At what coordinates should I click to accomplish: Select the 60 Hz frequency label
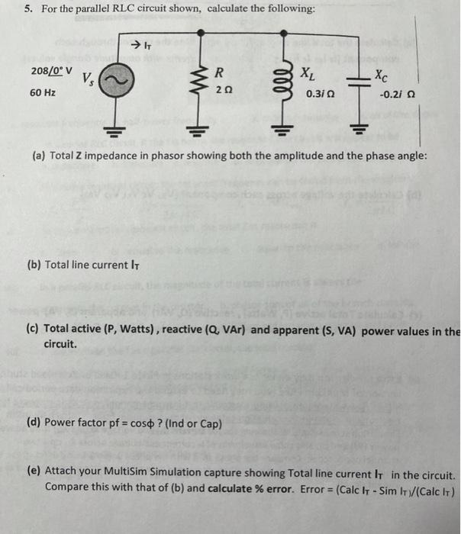[x=42, y=92]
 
